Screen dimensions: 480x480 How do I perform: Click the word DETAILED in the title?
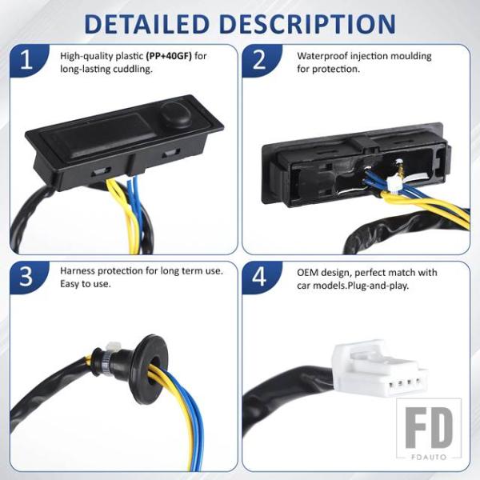tap(146, 24)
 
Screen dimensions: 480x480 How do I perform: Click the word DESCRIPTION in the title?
tap(308, 24)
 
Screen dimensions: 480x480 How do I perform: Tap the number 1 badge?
tap(28, 60)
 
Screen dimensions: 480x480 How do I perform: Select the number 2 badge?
tap(261, 60)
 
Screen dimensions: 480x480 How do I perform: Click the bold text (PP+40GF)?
tap(169, 56)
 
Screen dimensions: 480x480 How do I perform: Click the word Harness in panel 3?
tap(77, 271)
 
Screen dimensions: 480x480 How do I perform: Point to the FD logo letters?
tap(429, 428)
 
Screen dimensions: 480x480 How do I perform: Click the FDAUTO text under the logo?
tap(429, 458)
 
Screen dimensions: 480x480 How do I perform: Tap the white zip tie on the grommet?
tap(112, 347)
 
